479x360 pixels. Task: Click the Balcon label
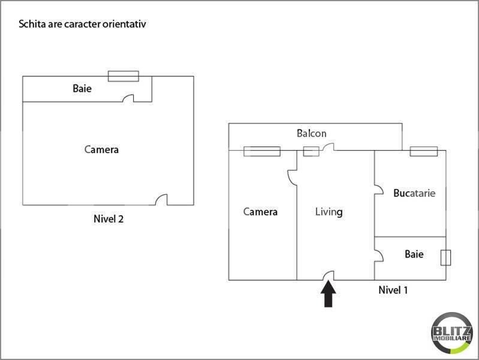pyautogui.click(x=312, y=133)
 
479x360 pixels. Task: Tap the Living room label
pyautogui.click(x=329, y=212)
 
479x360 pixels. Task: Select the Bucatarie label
pyautogui.click(x=414, y=193)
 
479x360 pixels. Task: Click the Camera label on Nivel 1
pyautogui.click(x=260, y=212)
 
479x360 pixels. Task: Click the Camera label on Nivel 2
pyautogui.click(x=101, y=149)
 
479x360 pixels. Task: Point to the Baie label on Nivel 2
pyautogui.click(x=82, y=89)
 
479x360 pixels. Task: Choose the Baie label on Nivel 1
pyautogui.click(x=414, y=254)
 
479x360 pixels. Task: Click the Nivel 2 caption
pyautogui.click(x=109, y=219)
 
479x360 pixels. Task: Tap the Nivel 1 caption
pyautogui.click(x=393, y=290)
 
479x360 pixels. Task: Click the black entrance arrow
pyautogui.click(x=329, y=295)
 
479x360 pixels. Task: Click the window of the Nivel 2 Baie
pyautogui.click(x=123, y=76)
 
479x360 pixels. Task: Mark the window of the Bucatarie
pyautogui.click(x=424, y=151)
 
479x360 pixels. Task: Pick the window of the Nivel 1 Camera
pyautogui.click(x=262, y=151)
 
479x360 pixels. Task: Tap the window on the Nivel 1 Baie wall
pyautogui.click(x=445, y=257)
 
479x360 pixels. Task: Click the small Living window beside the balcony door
pyautogui.click(x=311, y=151)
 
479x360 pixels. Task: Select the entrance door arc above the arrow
pyautogui.click(x=329, y=275)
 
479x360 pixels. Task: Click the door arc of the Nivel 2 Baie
pyautogui.click(x=128, y=98)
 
